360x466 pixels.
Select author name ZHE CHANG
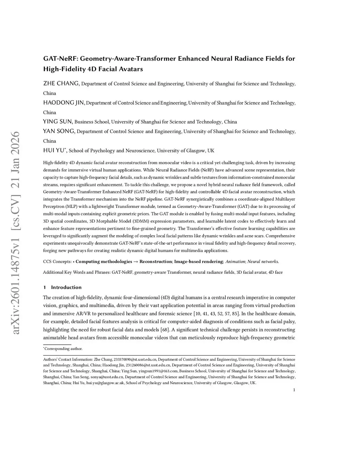(62, 84)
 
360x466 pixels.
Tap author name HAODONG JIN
(64, 103)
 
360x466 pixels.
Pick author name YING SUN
(58, 122)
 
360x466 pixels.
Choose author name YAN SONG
(59, 131)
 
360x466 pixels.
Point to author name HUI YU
(54, 150)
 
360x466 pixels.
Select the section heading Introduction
(66, 287)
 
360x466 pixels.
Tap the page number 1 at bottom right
(294, 390)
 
